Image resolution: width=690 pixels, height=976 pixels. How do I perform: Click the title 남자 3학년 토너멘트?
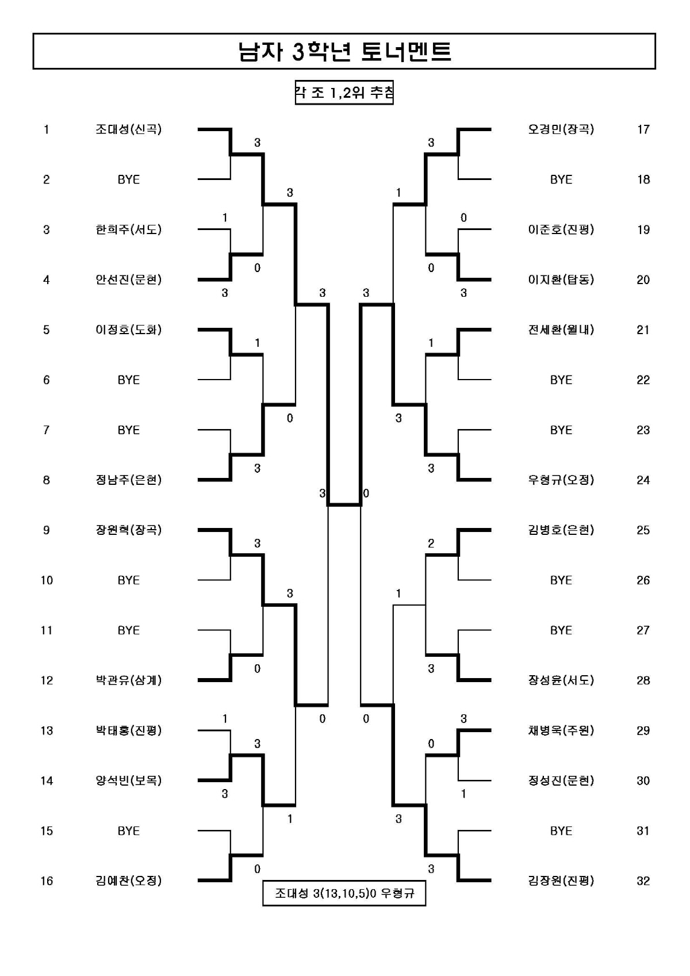(x=344, y=51)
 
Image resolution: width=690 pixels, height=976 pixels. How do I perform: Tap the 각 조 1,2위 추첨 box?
(x=344, y=93)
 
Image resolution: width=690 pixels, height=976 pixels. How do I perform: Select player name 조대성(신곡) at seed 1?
(x=128, y=129)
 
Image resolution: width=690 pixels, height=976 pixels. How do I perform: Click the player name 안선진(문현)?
(x=128, y=280)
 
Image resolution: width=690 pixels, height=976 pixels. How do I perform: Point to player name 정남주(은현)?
(x=128, y=480)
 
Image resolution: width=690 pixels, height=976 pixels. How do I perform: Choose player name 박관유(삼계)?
(x=128, y=680)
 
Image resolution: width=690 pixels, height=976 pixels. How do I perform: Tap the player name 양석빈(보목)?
(x=128, y=780)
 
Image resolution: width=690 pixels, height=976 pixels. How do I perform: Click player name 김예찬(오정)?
(x=128, y=881)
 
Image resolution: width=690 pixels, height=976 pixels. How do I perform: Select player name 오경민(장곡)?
(x=561, y=129)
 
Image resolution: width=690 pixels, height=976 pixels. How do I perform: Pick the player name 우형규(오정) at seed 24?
(x=561, y=480)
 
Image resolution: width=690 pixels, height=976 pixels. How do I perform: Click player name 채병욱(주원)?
(x=561, y=730)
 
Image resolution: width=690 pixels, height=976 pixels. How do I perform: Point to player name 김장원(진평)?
(x=561, y=881)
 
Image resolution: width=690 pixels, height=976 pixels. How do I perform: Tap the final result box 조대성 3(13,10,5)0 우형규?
(x=344, y=894)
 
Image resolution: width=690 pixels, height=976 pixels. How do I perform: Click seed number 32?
(x=643, y=881)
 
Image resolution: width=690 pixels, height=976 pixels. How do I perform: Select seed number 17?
(x=643, y=129)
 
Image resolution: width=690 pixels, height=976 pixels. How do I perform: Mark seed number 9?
(x=46, y=530)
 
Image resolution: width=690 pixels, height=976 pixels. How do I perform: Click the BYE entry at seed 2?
(x=128, y=179)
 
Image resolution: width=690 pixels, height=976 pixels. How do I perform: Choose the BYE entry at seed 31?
(x=561, y=831)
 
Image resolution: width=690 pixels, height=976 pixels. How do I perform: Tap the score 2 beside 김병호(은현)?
(x=431, y=544)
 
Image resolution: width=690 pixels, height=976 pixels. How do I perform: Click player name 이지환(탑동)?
(x=561, y=280)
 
